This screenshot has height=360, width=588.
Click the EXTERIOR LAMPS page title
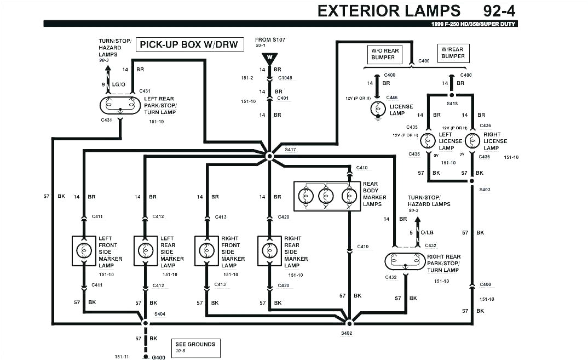[389, 10]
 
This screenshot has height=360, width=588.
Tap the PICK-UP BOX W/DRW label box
[189, 45]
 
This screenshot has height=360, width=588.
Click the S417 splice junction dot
[269, 156]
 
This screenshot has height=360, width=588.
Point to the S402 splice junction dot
[348, 319]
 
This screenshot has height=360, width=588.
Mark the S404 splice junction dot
[146, 323]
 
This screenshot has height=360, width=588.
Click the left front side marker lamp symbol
[84, 251]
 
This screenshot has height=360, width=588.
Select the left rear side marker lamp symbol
[145, 251]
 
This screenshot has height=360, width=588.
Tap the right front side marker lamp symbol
[206, 251]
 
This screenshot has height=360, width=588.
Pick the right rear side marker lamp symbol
[269, 251]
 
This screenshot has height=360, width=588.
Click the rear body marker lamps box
[327, 196]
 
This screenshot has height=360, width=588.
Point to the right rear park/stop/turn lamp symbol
[405, 261]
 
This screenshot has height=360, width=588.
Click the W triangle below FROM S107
[269, 57]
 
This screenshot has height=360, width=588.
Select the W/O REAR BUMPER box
[385, 54]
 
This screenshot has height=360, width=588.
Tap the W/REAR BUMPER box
[453, 53]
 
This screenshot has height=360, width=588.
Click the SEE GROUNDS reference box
[195, 347]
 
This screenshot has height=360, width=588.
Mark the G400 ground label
[158, 357]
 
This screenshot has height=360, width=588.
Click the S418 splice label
[452, 103]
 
